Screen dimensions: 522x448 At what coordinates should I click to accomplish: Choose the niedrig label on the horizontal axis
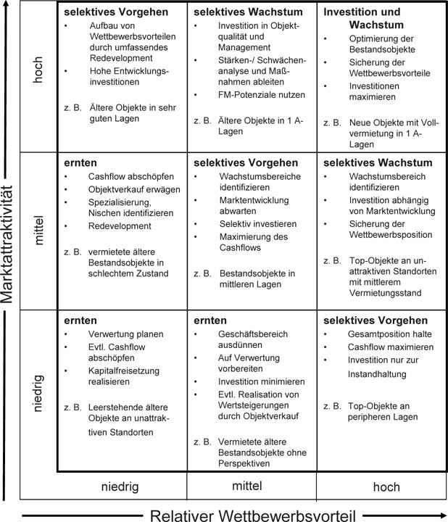[122, 487]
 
